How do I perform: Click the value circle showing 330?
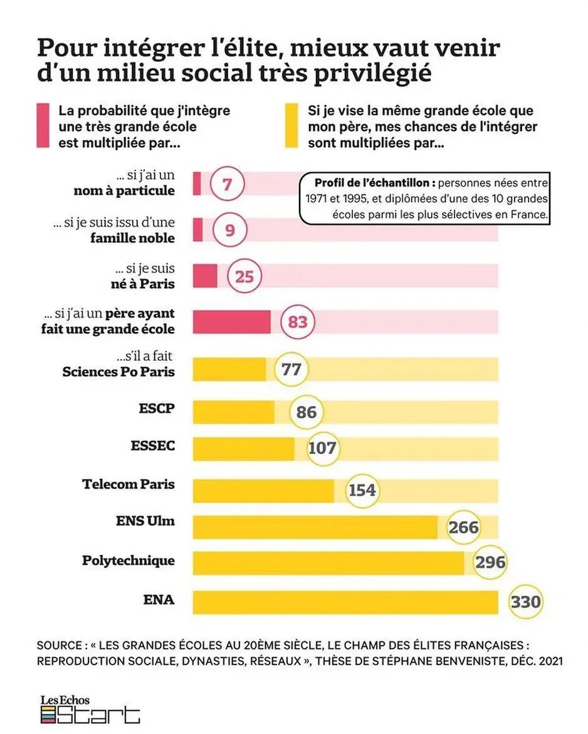pyautogui.click(x=525, y=602)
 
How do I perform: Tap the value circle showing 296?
pyautogui.click(x=490, y=562)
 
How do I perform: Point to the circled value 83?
pyautogui.click(x=297, y=322)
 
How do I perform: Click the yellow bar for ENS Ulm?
pyautogui.click(x=315, y=527)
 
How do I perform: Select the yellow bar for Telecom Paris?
pyautogui.click(x=263, y=491)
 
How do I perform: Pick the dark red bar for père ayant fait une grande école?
pyautogui.click(x=231, y=322)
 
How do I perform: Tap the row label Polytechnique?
pyautogui.click(x=129, y=561)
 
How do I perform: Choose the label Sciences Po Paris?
pyautogui.click(x=118, y=372)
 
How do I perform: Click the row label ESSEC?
pyautogui.click(x=153, y=446)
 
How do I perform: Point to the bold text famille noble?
pyautogui.click(x=132, y=238)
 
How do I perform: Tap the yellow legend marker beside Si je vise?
pyautogui.click(x=290, y=125)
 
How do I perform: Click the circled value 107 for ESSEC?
pyautogui.click(x=322, y=448)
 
